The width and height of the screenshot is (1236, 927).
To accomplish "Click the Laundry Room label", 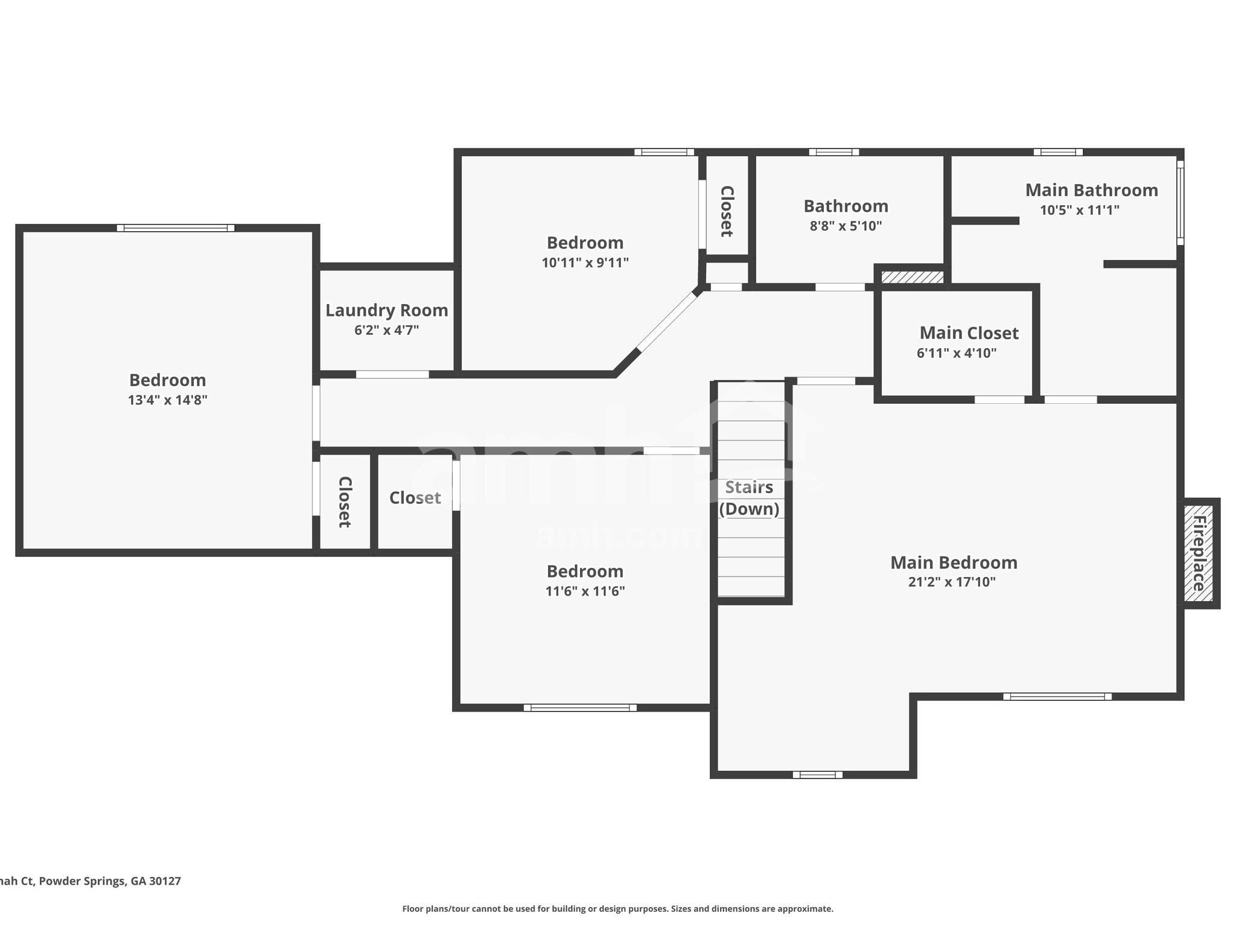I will click(x=386, y=310).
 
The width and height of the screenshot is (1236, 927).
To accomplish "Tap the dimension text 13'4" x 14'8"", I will click(x=167, y=400).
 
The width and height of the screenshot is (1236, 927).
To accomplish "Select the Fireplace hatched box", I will click(x=1198, y=553).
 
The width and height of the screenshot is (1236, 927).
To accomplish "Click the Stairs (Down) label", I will click(x=749, y=498).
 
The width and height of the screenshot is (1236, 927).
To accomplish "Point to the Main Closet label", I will click(x=969, y=333).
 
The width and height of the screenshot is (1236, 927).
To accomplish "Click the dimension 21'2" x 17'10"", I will click(x=952, y=582).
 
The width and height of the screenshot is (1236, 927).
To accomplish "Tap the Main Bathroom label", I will click(x=1091, y=191).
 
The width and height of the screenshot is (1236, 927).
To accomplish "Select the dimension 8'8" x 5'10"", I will click(x=846, y=226).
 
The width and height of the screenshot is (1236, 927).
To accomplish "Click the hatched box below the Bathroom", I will click(x=912, y=277).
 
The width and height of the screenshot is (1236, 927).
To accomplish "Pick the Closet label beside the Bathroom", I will click(x=727, y=211).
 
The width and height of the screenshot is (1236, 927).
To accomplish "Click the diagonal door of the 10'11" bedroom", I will click(x=667, y=322).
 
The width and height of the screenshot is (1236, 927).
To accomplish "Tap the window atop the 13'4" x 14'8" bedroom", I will click(x=176, y=228).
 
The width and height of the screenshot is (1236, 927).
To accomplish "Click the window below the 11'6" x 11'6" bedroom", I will click(x=580, y=707).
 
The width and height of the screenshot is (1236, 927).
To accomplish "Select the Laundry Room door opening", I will click(x=392, y=375).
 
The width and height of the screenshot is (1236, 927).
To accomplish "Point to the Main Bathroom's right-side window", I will click(x=1180, y=203).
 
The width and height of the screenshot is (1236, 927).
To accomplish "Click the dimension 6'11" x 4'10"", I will click(x=957, y=354).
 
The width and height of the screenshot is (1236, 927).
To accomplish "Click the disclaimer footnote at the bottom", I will click(x=617, y=909).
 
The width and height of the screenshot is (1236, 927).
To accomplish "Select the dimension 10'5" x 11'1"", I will click(x=1079, y=211).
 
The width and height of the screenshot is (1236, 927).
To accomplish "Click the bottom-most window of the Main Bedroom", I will click(x=817, y=775).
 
